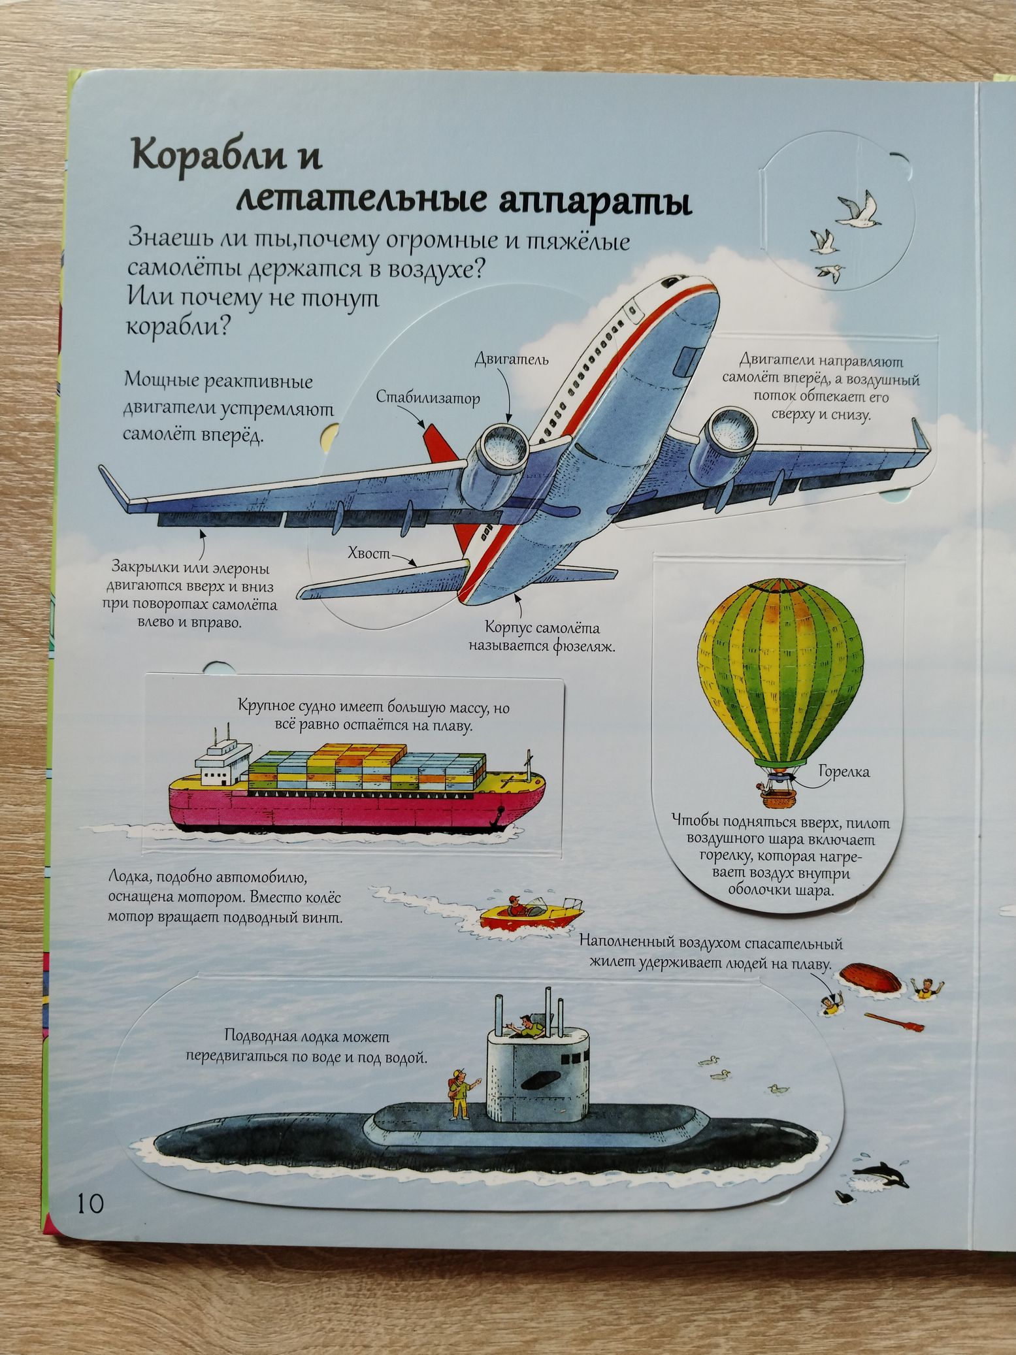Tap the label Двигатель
tap(511, 359)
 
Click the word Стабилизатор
tap(427, 397)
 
